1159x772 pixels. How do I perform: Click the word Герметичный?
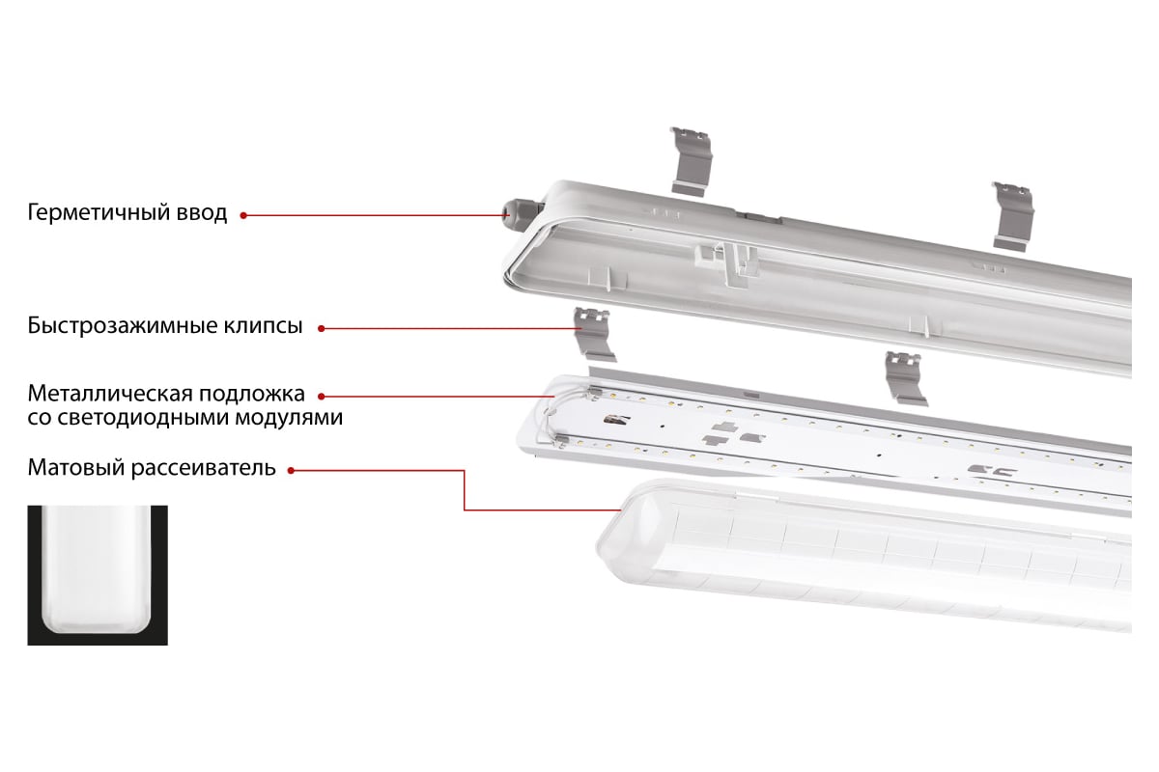tap(98, 213)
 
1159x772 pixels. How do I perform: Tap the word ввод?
tap(202, 213)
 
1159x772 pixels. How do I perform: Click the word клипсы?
tap(264, 327)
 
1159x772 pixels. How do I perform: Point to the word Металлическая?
tap(110, 394)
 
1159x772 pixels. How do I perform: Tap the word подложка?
tap(252, 395)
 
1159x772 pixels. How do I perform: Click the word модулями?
tap(289, 418)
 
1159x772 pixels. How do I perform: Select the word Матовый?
tap(75, 468)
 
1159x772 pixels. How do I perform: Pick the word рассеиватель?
tap(204, 468)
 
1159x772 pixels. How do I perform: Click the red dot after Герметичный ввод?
tap(243, 215)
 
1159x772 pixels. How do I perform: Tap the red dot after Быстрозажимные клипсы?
tap(322, 329)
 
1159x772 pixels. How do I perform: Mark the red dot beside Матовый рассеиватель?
tap(292, 471)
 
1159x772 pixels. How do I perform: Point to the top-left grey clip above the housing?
tap(692, 161)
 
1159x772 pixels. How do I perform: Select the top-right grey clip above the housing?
tap(1013, 217)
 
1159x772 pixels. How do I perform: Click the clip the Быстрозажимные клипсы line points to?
tap(594, 334)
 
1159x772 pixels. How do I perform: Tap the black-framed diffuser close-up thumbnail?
tap(98, 575)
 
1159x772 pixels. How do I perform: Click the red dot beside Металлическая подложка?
tap(322, 397)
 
